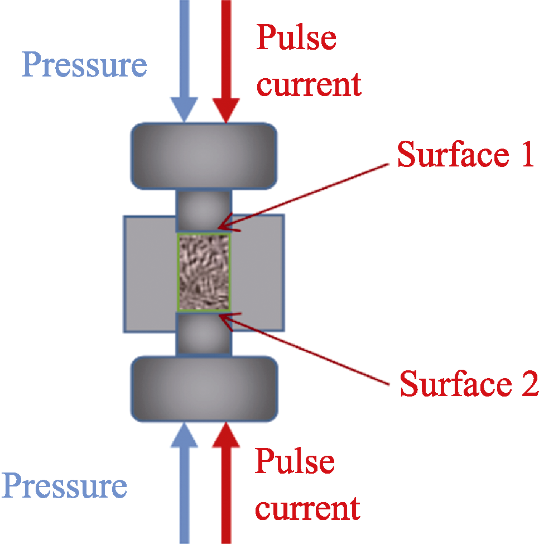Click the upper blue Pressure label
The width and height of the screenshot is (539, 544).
point(84,65)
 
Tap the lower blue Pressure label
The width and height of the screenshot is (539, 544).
point(65,485)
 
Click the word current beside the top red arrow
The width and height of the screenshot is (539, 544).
point(309,84)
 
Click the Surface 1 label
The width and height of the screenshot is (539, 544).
point(465,154)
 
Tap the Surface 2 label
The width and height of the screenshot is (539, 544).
point(469,383)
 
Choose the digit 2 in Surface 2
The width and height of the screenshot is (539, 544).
point(530,383)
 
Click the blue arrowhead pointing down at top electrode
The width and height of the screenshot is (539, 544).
point(184,109)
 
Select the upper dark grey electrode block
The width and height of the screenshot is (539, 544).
point(204,156)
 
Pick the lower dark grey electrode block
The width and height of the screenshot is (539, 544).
point(204,389)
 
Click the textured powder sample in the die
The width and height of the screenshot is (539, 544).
point(204,272)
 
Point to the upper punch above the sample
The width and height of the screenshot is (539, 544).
point(204,211)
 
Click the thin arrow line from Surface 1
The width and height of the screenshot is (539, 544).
point(304,197)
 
